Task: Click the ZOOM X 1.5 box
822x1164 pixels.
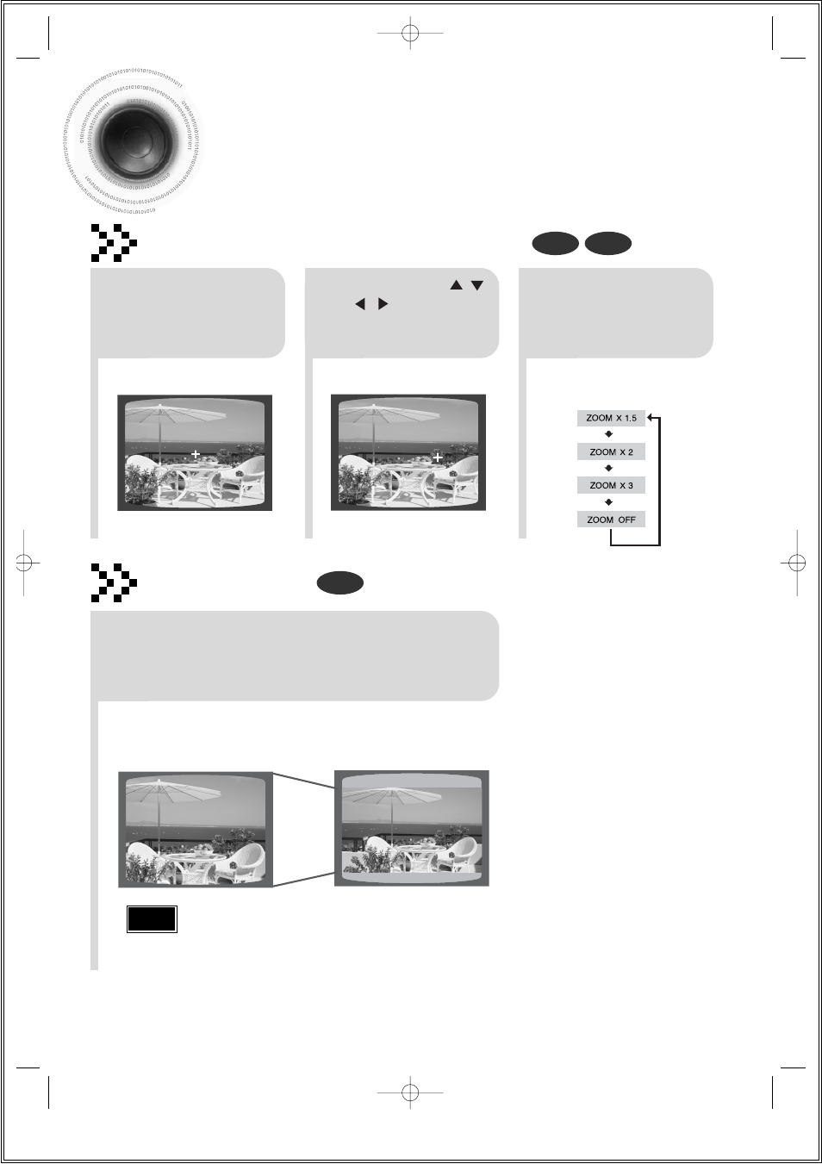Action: click(x=611, y=418)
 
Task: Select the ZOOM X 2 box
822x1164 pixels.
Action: click(x=611, y=451)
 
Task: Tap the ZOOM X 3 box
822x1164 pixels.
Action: click(x=611, y=485)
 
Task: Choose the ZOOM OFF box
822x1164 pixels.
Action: click(x=611, y=520)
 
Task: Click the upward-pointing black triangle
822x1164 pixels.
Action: click(x=457, y=285)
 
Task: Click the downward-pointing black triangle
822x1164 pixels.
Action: click(x=477, y=285)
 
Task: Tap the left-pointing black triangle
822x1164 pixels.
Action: click(x=360, y=304)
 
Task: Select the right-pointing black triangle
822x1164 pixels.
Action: click(x=383, y=304)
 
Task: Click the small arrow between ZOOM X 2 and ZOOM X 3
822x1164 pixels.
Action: click(x=609, y=469)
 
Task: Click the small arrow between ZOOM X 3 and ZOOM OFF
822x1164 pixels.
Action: click(x=609, y=502)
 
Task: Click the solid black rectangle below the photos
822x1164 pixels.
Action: click(x=152, y=918)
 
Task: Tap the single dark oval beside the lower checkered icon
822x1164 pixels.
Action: click(x=339, y=583)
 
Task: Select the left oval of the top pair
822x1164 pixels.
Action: click(x=555, y=244)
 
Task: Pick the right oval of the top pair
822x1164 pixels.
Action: click(x=608, y=244)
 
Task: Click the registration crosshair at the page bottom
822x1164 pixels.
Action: click(x=411, y=1092)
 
